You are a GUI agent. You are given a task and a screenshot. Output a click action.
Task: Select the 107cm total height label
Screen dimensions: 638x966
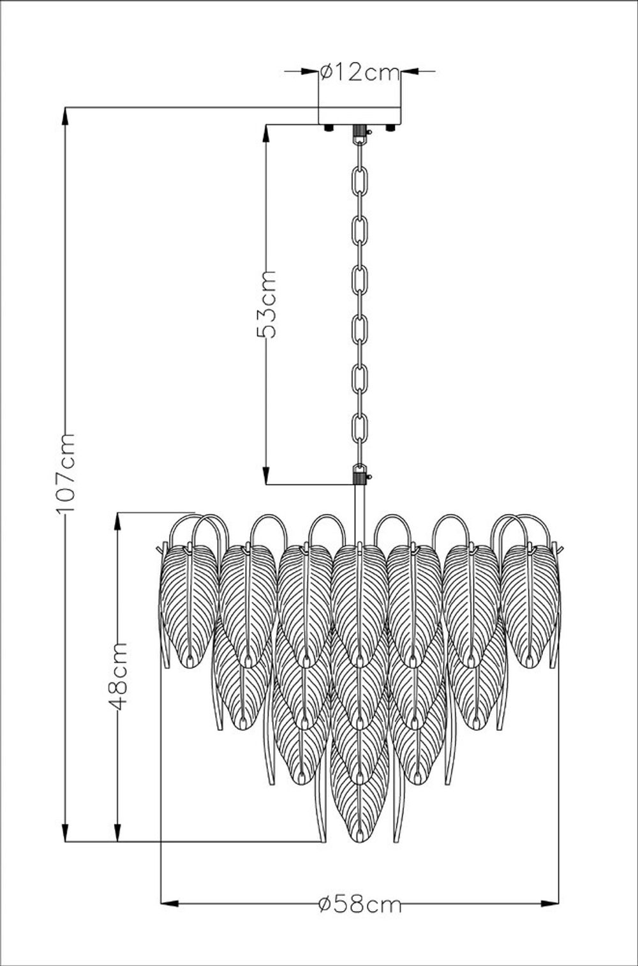click(65, 472)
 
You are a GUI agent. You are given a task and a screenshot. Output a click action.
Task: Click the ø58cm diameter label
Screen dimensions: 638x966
click(360, 903)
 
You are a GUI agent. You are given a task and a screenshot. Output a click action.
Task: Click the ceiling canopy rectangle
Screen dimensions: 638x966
click(360, 115)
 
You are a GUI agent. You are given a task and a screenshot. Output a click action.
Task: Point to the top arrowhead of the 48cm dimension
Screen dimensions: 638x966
click(118, 520)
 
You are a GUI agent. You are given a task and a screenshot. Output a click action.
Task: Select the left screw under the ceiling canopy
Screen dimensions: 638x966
click(329, 128)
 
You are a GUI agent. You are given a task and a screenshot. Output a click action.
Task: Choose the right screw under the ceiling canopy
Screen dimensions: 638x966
click(390, 128)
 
